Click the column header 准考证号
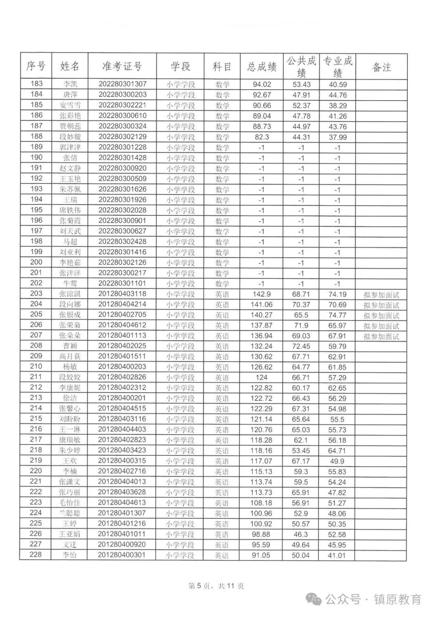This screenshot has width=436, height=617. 122,66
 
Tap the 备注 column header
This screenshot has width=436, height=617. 381,67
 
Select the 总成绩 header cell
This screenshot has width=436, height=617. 262,67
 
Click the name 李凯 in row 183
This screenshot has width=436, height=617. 70,84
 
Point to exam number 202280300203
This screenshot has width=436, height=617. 122,95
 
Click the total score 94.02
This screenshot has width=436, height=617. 262,84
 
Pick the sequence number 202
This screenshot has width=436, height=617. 36,283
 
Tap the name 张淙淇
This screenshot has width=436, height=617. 70,294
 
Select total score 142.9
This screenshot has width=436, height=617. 262,294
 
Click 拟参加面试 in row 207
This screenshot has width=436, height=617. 381,336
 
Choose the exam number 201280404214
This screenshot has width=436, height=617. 122,304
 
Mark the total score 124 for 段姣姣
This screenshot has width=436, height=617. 262,377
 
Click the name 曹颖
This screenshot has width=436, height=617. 70,346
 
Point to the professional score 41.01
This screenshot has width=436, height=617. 337,555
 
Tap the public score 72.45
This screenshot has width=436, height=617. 301,346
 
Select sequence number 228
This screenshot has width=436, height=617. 36,554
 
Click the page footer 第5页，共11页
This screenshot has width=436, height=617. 216,586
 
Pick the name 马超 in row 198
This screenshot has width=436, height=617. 70,242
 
